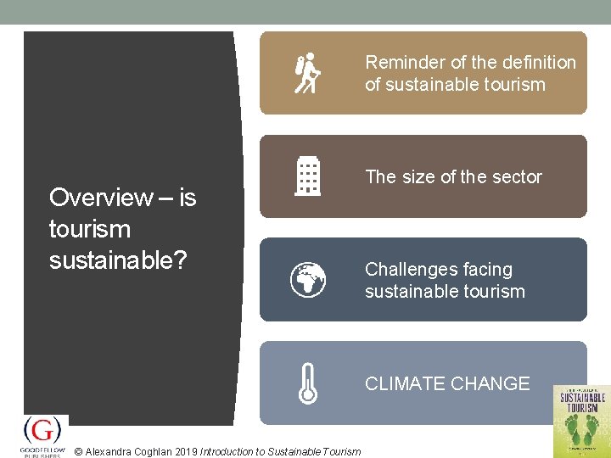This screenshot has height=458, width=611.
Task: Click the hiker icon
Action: [307, 73]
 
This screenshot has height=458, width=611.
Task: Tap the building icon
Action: [307, 176]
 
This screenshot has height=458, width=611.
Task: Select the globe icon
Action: [307, 279]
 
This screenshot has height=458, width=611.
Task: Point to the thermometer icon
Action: [307, 383]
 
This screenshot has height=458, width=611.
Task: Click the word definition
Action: [540, 63]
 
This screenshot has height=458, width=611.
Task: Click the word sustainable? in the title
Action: [118, 260]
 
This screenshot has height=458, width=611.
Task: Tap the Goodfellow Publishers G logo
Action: [42, 431]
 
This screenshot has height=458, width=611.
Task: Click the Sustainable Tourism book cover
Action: [581, 421]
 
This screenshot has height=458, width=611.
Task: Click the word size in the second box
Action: [417, 177]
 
